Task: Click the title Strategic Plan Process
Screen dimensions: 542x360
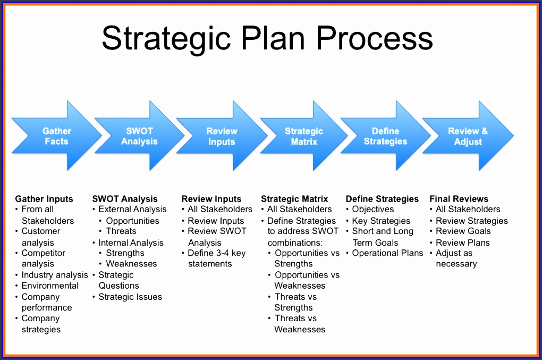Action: coord(267,39)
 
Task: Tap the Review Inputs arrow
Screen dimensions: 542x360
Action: coord(222,136)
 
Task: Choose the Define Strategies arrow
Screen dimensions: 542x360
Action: coord(385,136)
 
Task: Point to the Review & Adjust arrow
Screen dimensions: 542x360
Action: coord(468,136)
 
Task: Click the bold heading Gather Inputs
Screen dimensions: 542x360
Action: coord(44,199)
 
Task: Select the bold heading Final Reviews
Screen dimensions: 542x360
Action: coord(459,199)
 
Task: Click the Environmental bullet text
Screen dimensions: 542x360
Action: coord(50,286)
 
